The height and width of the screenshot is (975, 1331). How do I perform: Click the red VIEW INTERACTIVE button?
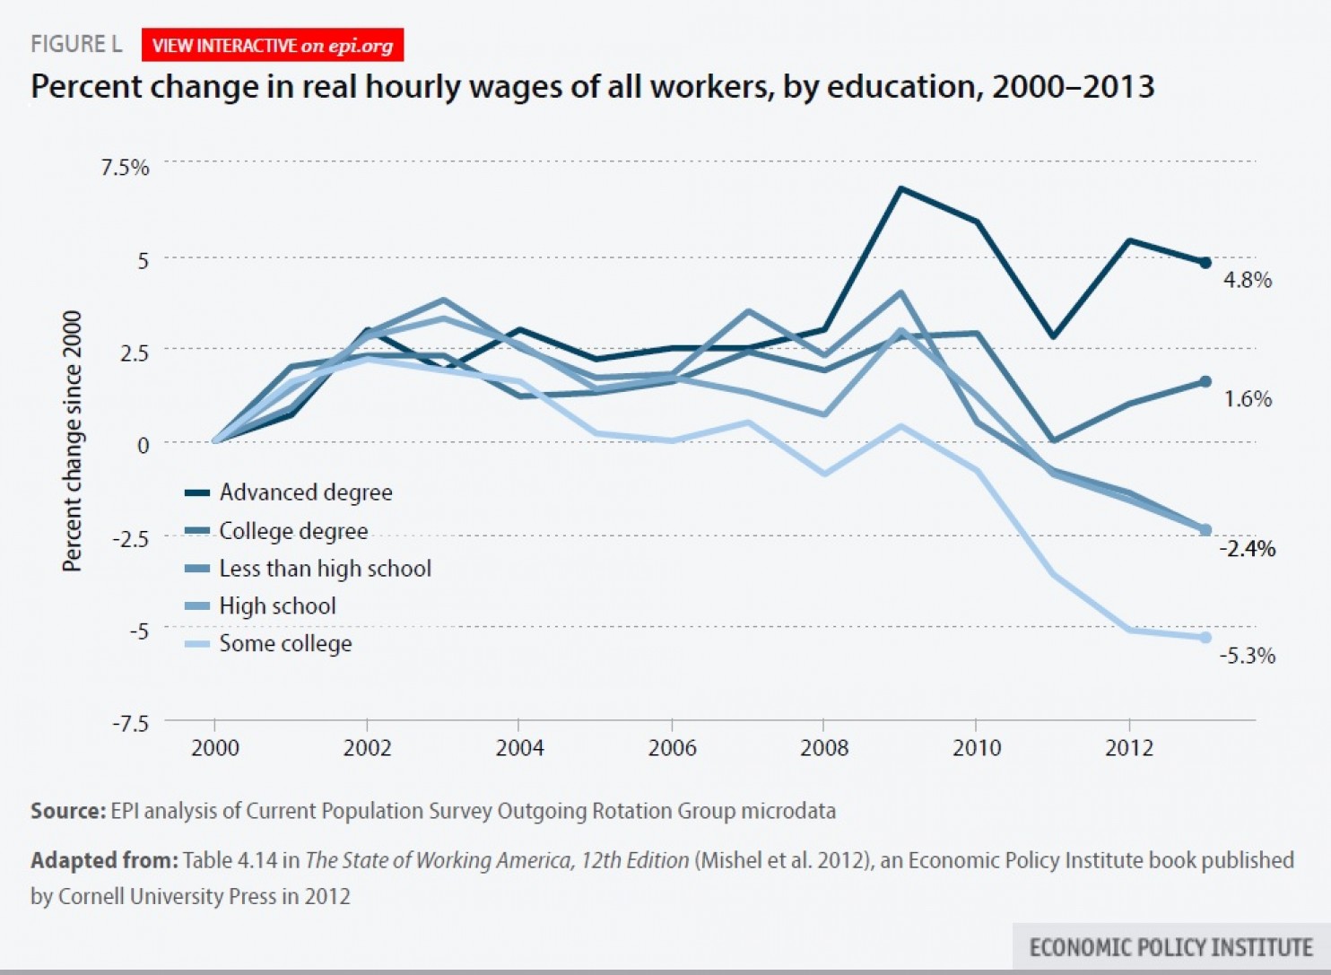(272, 46)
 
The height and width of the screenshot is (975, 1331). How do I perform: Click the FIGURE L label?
(76, 44)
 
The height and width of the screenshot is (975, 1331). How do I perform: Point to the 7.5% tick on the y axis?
(126, 168)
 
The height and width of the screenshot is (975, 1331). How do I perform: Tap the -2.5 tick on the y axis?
(130, 538)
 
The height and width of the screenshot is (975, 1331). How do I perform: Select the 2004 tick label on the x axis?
(519, 748)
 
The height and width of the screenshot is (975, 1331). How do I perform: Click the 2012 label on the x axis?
(1128, 748)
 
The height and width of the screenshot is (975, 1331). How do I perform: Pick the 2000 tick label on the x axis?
(215, 748)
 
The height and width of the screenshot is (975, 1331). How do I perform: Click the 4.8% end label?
(1248, 280)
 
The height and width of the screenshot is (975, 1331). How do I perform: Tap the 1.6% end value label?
(1248, 399)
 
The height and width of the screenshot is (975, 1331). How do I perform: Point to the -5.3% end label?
(1247, 656)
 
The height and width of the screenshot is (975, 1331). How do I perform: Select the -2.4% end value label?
(1247, 549)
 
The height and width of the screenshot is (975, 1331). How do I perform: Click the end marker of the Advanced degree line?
(1205, 263)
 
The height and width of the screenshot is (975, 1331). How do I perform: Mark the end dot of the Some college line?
(1205, 638)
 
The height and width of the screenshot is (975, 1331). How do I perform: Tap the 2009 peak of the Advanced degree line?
(900, 189)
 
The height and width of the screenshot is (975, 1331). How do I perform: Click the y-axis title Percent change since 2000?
(72, 440)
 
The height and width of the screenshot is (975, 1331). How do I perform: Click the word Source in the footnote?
(67, 811)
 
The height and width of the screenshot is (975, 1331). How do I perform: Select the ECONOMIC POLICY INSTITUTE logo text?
(1170, 947)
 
